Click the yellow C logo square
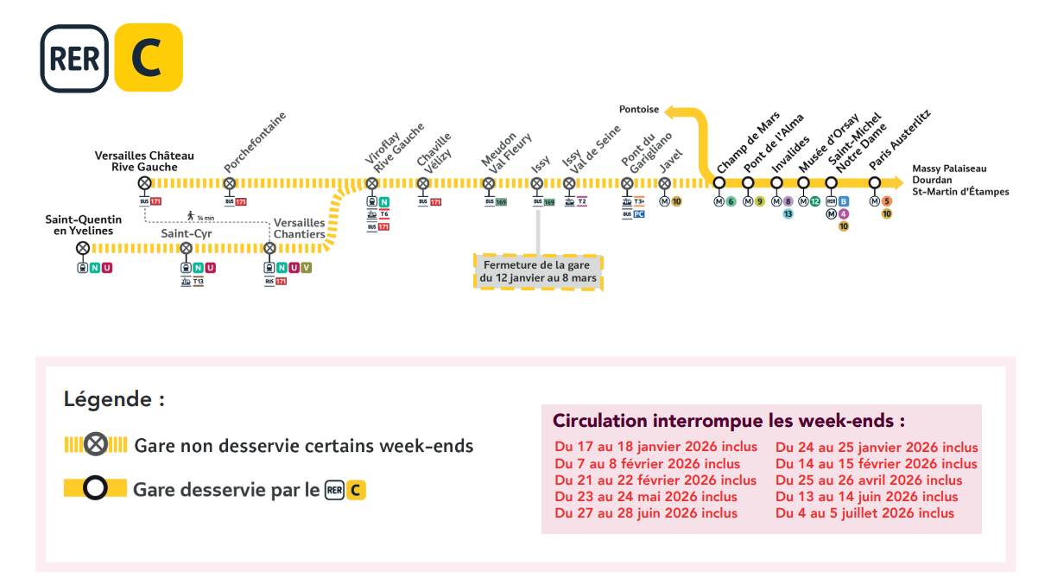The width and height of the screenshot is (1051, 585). coord(149,57)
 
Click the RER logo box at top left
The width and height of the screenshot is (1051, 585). coord(74,58)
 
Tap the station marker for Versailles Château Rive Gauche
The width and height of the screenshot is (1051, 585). coord(144,183)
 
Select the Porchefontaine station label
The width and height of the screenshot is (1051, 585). coord(255,142)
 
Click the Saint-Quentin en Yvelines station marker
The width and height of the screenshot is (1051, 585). coord(82,248)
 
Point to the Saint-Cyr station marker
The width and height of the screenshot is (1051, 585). coord(186,248)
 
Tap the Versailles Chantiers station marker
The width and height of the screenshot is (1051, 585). coord(269,248)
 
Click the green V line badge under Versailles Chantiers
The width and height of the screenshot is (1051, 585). coord(306,268)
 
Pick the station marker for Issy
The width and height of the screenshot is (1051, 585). coord(536,183)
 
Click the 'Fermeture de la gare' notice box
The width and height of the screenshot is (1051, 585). coord(538,271)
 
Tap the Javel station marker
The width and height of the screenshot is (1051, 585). coord(664,183)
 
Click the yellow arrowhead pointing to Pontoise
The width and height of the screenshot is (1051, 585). coord(672,111)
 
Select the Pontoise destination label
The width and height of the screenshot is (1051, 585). coord(638,110)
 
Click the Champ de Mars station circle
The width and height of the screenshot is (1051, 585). coord(719,182)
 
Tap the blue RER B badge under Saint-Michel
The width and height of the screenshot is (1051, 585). coord(843,201)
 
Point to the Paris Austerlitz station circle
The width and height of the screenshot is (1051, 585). coord(874,182)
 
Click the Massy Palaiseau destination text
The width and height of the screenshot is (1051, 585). coord(948,169)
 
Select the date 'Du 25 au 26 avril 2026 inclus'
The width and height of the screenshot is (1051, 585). coord(869,480)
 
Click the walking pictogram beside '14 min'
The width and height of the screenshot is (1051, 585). coord(190,215)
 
